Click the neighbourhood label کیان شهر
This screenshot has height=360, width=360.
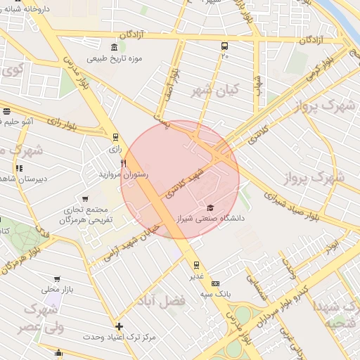pos(215,90)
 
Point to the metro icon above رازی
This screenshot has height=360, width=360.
pos(115,138)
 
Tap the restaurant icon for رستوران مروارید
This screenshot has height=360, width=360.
pos(124,163)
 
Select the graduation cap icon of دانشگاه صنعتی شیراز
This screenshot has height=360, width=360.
pos(210,208)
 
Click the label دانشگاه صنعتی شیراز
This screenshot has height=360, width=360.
pos(212,219)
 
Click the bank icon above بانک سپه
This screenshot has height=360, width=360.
pos(214,282)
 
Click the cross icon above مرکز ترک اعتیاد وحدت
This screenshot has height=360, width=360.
pos(119,326)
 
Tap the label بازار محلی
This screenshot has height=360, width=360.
pos(57,289)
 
